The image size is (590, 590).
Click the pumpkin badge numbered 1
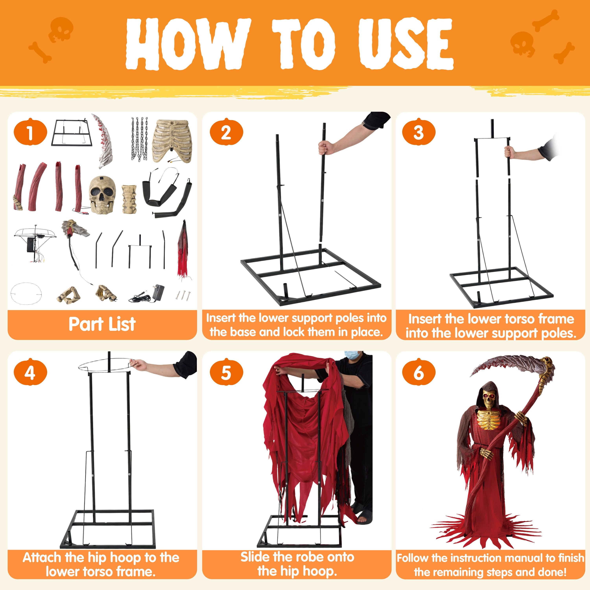click(x=30, y=132)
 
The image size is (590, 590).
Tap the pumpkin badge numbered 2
click(x=226, y=132)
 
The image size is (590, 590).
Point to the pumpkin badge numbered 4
click(x=30, y=372)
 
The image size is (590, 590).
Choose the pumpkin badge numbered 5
click(x=226, y=372)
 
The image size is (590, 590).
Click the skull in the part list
click(x=103, y=195)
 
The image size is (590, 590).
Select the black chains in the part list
click(x=140, y=139)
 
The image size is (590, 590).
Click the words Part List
click(x=102, y=324)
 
